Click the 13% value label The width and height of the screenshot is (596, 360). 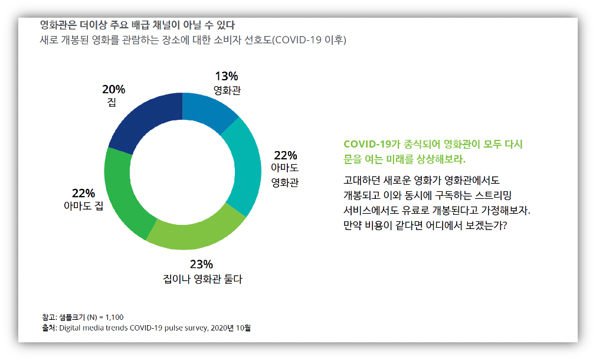click(227, 76)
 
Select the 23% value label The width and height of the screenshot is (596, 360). click(201, 264)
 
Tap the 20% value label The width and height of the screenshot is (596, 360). click(113, 90)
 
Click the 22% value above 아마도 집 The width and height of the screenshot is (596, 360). click(83, 194)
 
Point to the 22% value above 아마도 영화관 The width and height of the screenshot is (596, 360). click(285, 155)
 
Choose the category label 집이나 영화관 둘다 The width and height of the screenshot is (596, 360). click(202, 279)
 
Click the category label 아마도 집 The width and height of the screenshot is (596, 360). click(83, 206)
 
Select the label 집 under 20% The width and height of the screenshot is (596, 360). click(112, 102)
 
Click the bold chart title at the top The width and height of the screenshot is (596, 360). click(137, 25)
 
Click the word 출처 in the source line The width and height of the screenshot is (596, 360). click(48, 328)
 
